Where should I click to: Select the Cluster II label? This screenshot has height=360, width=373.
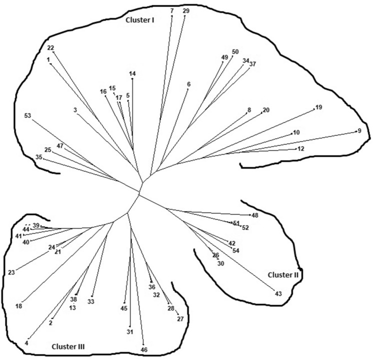click(x=282, y=274)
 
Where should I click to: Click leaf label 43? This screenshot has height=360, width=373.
click(x=278, y=293)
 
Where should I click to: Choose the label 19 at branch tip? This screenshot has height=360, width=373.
click(x=319, y=107)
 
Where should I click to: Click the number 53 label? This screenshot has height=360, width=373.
click(x=27, y=116)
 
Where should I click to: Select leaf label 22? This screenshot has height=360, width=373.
click(x=50, y=48)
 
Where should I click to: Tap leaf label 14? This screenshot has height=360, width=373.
click(x=132, y=74)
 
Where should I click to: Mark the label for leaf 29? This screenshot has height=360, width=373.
click(x=186, y=10)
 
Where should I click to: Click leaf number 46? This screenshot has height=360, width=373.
click(x=144, y=349)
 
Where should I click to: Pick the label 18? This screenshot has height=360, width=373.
click(x=19, y=306)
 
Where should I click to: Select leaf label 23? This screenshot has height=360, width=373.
click(x=11, y=272)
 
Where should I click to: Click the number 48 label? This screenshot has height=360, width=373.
click(x=255, y=215)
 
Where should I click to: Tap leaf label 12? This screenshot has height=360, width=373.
click(x=300, y=149)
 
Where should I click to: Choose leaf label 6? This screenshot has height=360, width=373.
click(x=188, y=84)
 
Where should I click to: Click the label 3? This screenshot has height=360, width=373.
click(x=74, y=110)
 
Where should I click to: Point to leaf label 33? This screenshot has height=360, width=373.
click(x=90, y=301)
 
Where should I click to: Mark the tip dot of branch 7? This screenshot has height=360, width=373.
click(x=172, y=16)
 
